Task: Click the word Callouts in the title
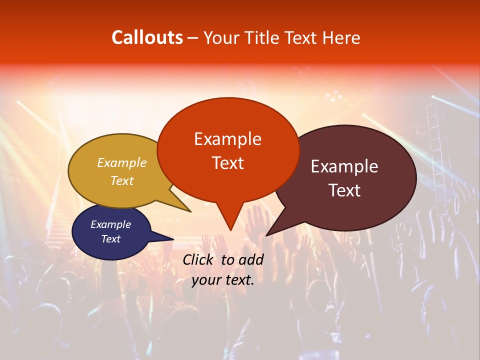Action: pos(147,37)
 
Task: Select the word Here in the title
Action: pos(341,38)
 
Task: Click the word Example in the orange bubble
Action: pos(227,139)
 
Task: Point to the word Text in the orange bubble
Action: pos(227,163)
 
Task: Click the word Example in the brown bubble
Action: pos(344,166)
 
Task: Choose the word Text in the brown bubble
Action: pos(344,190)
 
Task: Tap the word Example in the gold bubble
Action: pos(122,162)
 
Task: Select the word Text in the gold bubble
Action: pos(122,180)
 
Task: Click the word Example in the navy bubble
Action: pos(110,224)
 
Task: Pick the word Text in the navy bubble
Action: pos(110,239)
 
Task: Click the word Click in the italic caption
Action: pos(198,259)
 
